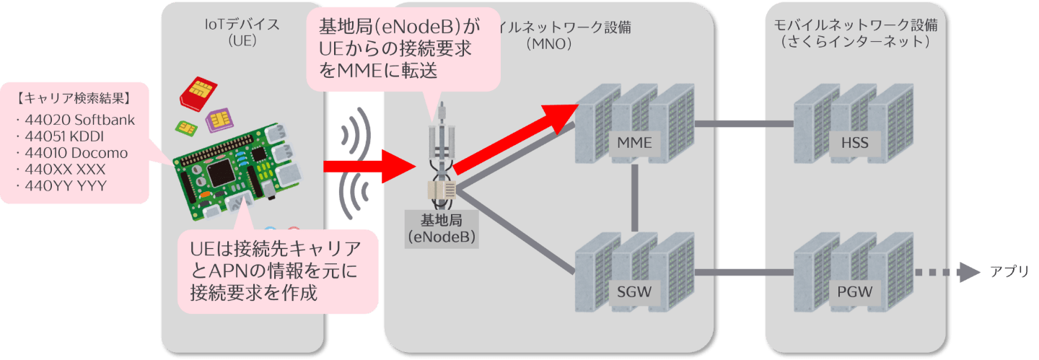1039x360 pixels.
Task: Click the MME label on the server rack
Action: (x=635, y=143)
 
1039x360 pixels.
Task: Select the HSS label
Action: (x=854, y=143)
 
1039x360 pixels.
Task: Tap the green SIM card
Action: (x=186, y=127)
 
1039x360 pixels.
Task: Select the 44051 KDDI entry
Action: (x=61, y=136)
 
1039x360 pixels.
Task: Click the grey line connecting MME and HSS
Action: (x=743, y=124)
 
